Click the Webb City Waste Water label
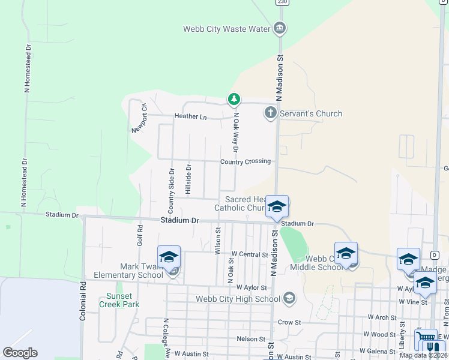pos(228,29)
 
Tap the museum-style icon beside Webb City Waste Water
pos(279,28)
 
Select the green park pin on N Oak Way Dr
pos(234,99)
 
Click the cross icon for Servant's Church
pos(271,112)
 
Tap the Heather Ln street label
pos(190,116)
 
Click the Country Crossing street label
pos(245,161)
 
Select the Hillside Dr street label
pos(188,179)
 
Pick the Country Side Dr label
pos(171,191)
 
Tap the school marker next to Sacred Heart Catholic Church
pos(277,207)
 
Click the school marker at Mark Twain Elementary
pos(169,257)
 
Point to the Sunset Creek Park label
pos(122,300)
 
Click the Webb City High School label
pos(238,299)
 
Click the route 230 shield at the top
pos(281,2)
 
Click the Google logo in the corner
pos(20,353)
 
